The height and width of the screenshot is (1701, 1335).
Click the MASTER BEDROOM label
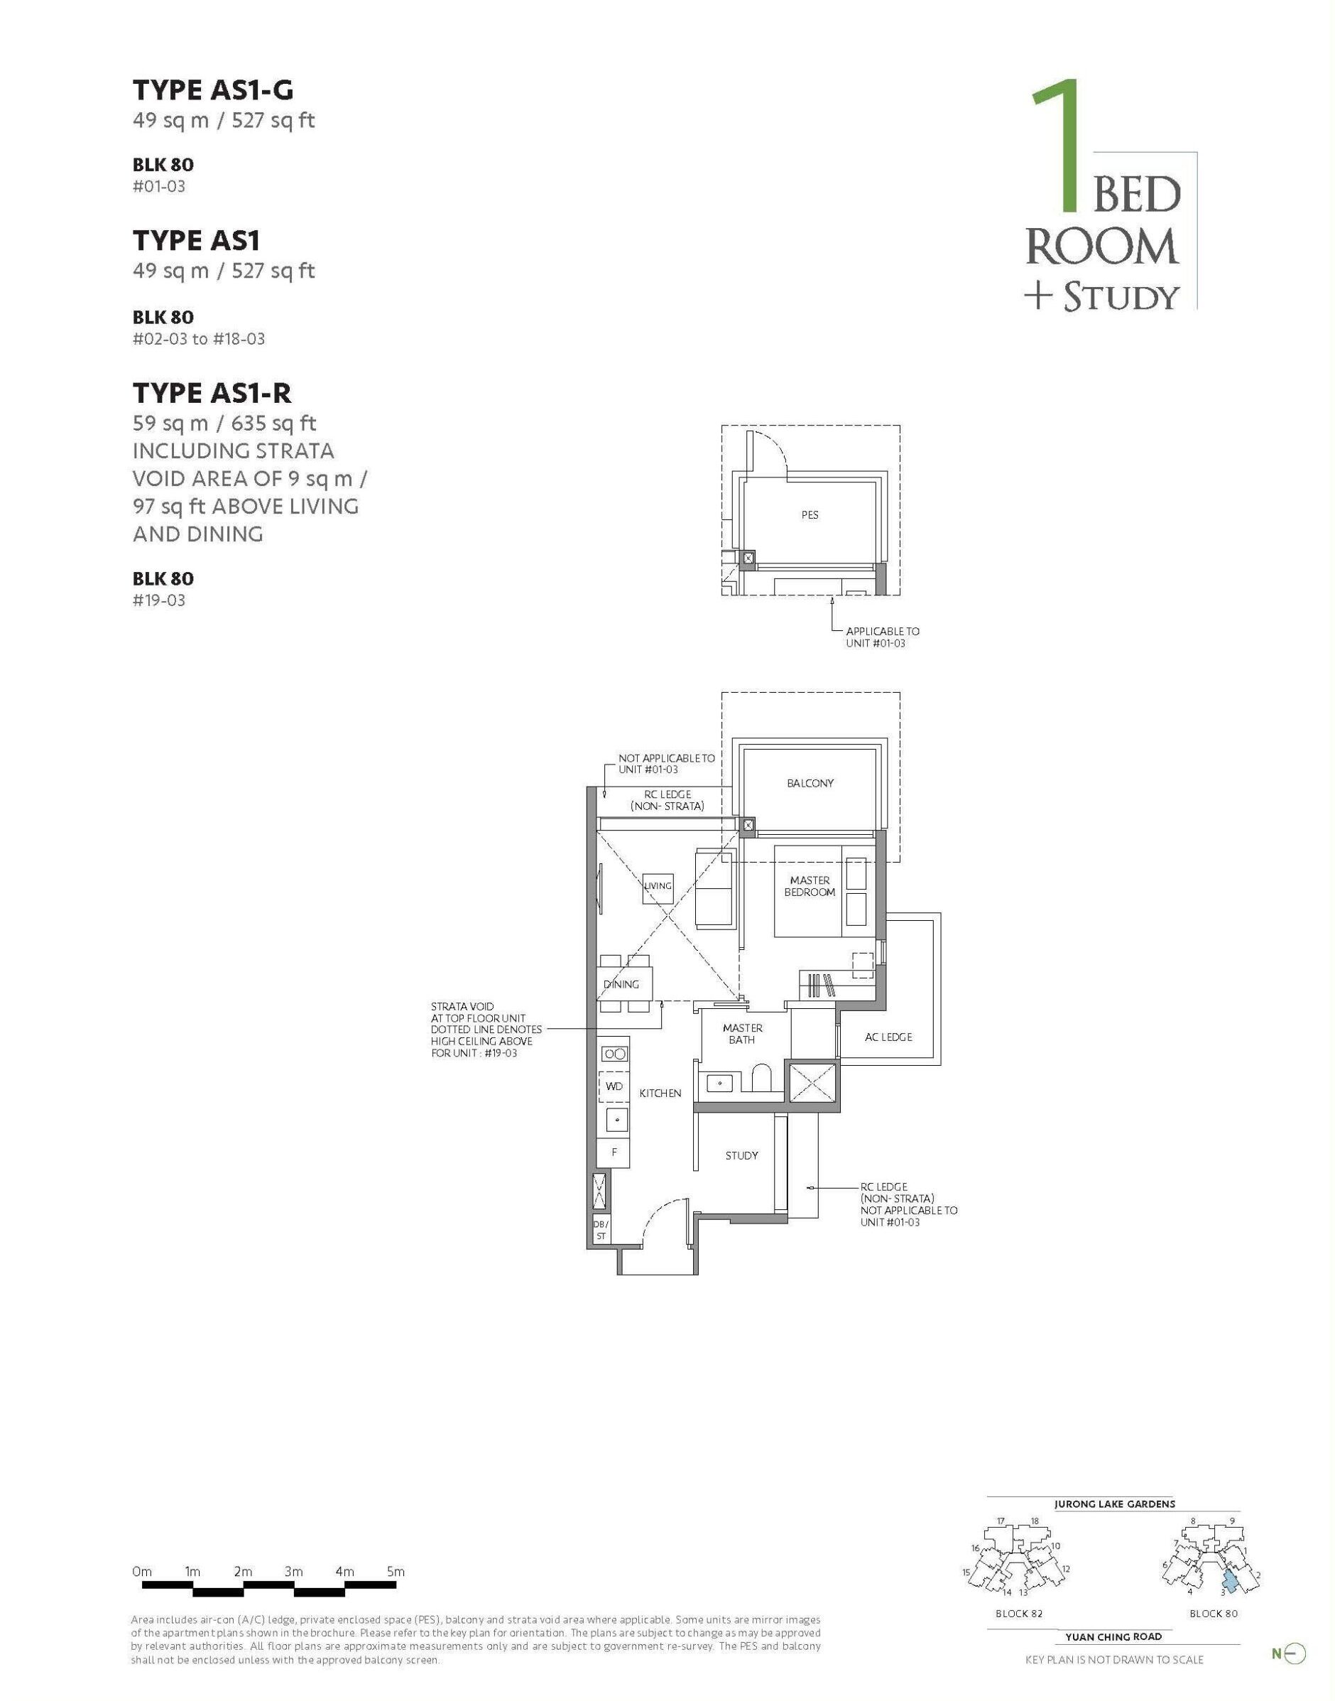click(810, 886)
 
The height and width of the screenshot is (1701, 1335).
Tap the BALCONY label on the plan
click(810, 783)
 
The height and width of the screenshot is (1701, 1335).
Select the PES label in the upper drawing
click(810, 514)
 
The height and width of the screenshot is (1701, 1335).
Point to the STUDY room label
click(742, 1155)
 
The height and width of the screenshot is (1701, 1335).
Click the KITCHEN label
click(660, 1093)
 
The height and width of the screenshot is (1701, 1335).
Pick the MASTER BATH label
click(742, 1034)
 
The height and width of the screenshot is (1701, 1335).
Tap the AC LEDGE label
click(888, 1037)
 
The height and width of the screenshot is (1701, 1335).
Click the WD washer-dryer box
click(614, 1086)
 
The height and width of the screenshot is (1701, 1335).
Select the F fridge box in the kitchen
click(614, 1152)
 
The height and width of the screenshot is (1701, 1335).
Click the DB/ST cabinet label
click(600, 1230)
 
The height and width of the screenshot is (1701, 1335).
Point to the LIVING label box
click(658, 887)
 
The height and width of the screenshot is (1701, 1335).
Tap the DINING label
click(621, 984)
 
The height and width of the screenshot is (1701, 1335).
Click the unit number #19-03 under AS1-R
click(158, 600)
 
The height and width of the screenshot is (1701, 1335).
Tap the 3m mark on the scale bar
click(294, 1571)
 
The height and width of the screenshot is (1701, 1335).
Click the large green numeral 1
click(1058, 146)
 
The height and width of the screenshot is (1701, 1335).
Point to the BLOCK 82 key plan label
click(1019, 1613)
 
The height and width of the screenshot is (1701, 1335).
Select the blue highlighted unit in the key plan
click(1231, 1582)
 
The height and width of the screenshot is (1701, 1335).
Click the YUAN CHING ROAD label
click(1114, 1636)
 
